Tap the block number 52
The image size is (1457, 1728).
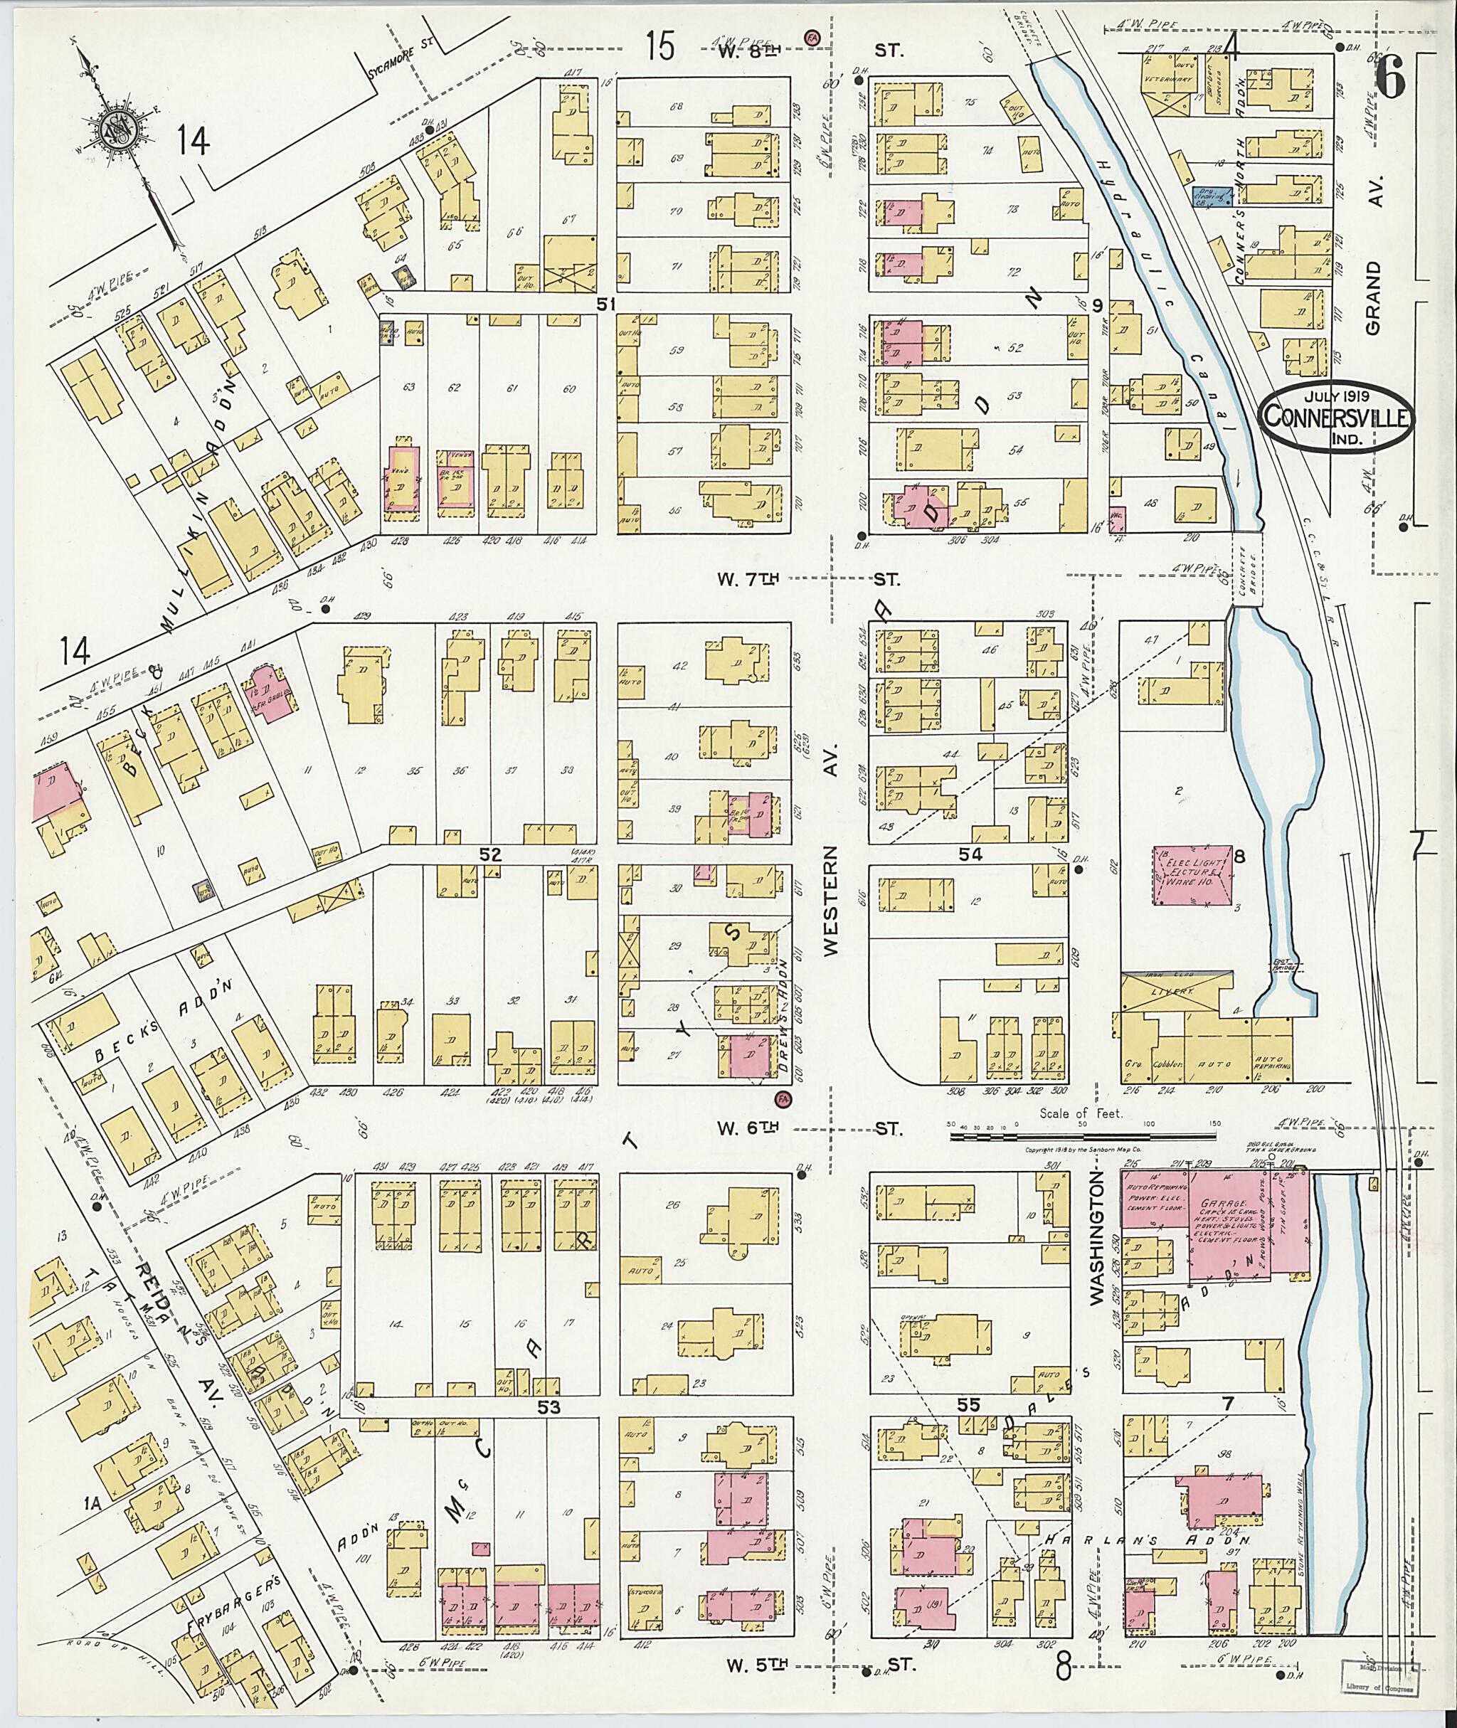492,854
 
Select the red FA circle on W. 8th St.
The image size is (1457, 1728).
812,37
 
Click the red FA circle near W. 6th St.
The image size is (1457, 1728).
780,1098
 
